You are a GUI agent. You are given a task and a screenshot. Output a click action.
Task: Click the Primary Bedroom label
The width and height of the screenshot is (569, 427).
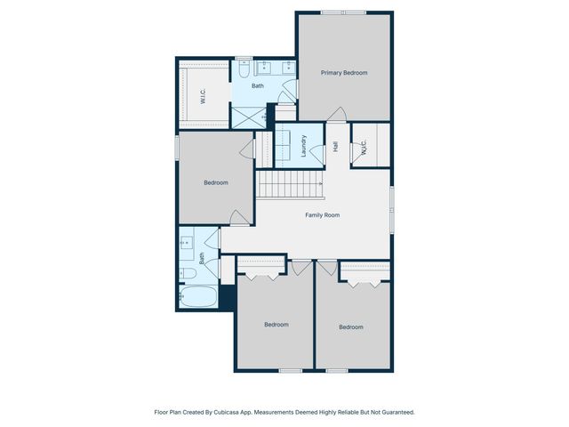coord(344,73)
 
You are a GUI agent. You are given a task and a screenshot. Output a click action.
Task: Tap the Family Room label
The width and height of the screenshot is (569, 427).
coord(323,215)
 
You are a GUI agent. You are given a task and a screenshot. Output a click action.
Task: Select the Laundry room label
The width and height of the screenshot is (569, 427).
coord(304,146)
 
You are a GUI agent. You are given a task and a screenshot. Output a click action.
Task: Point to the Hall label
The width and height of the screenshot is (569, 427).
coord(336,147)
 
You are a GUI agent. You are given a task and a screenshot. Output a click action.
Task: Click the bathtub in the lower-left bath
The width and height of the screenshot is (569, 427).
coord(197,297)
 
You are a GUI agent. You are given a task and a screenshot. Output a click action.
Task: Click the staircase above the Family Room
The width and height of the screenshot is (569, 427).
coord(290,185)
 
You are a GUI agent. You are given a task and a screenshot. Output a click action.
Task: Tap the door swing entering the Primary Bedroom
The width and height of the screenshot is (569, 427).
coord(336,114)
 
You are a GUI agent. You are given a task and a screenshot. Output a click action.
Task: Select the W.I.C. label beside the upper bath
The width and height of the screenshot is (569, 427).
coord(204,96)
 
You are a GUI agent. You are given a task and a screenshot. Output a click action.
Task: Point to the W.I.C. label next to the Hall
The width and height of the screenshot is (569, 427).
coord(364,152)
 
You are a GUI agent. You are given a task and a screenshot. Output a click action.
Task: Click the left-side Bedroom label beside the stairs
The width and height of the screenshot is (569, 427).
coord(216,183)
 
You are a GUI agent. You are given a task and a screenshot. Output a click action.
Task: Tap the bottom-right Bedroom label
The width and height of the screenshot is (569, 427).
coord(351,327)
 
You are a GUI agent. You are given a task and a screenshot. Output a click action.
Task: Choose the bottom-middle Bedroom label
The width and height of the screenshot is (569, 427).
coord(276,325)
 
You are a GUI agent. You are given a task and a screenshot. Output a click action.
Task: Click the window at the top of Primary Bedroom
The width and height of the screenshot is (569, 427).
coord(344,12)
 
